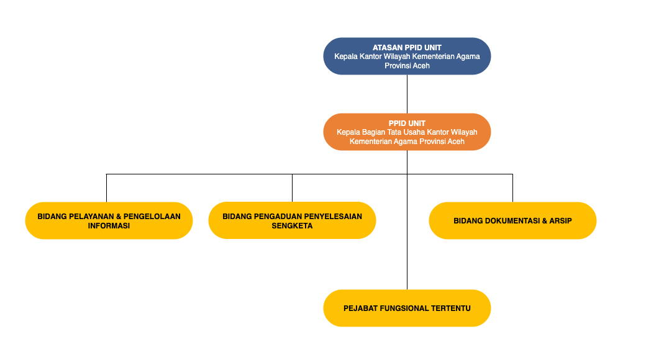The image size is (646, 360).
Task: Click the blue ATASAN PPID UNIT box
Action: [407, 56]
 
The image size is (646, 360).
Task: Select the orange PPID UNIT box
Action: [407, 132]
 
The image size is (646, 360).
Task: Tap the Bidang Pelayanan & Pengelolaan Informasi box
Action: [109, 220]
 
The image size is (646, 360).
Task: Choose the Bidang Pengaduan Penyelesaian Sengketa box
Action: [292, 220]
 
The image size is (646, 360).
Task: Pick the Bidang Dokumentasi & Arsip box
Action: [512, 220]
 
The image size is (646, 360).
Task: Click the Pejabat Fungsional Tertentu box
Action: [407, 308]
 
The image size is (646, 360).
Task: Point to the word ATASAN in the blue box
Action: [387, 47]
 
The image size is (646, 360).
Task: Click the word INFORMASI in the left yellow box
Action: [109, 226]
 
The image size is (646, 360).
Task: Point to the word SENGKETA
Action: [292, 226]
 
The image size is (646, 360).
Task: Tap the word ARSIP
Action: [559, 220]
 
